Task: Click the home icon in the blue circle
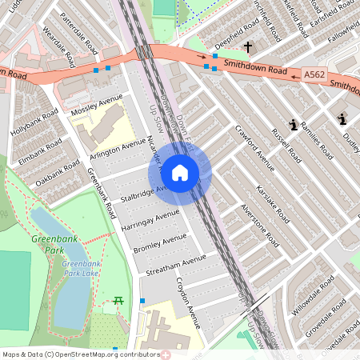point(180,171)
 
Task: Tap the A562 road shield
point(314,74)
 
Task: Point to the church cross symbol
point(249,47)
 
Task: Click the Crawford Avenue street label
point(254,148)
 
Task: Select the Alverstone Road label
point(258,224)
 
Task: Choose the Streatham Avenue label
point(176,265)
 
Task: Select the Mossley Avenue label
point(97,104)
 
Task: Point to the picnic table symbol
point(118,301)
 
